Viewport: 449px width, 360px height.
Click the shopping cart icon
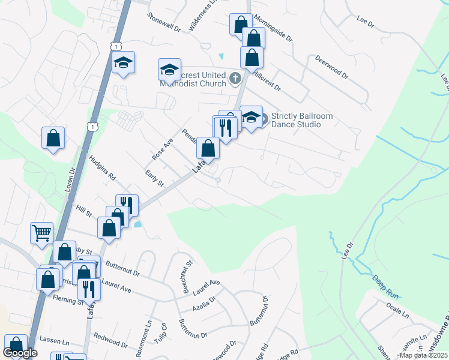[x=41, y=232]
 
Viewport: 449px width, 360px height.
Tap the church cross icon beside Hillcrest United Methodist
[x=235, y=78]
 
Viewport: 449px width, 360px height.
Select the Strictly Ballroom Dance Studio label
[x=295, y=120]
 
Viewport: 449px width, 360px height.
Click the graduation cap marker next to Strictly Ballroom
[x=251, y=116]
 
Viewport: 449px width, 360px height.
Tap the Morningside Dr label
[x=273, y=29]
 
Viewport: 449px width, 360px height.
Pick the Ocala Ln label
[x=397, y=313]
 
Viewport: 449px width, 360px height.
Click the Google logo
[x=20, y=353]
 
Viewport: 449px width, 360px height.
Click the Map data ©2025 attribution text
[x=423, y=355]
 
